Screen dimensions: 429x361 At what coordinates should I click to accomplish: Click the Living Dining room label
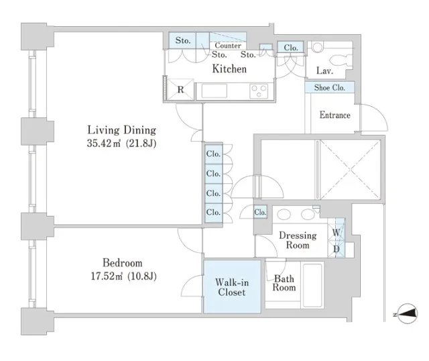tap(122, 130)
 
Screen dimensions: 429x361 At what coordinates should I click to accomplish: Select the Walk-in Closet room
tap(232, 287)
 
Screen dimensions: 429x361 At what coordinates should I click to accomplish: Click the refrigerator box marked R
tap(180, 89)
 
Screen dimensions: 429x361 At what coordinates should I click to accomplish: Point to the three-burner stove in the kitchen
tap(259, 91)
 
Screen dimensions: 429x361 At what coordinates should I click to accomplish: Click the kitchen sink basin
tap(214, 91)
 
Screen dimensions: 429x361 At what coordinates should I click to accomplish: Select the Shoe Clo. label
tap(329, 88)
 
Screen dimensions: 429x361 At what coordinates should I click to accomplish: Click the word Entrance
tap(335, 115)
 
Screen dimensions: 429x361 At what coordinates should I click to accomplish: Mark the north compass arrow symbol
tap(407, 313)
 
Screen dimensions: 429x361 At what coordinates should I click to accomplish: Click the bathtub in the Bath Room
tap(312, 285)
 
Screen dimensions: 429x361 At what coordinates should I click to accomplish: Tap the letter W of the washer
tap(336, 233)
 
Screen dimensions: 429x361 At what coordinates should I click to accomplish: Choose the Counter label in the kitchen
tap(228, 46)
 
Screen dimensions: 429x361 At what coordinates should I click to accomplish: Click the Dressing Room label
tap(298, 240)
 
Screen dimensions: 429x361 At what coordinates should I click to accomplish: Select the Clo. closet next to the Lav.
tap(290, 48)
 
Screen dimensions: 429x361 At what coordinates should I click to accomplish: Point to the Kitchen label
tap(229, 68)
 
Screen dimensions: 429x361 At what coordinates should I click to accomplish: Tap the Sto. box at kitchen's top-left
tap(183, 40)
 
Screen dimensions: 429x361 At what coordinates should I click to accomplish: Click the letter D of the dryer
tap(336, 249)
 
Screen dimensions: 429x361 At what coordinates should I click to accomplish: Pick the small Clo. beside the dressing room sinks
tap(260, 212)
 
